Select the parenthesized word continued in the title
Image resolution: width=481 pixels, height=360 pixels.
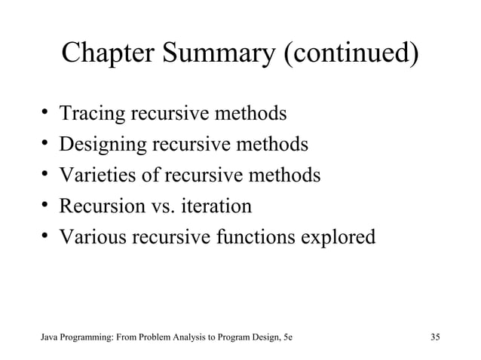coord(352,53)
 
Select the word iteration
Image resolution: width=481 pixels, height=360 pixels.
coord(216,206)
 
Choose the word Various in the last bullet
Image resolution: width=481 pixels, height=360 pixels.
coord(93,236)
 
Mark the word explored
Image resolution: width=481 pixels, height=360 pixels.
coord(339,236)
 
